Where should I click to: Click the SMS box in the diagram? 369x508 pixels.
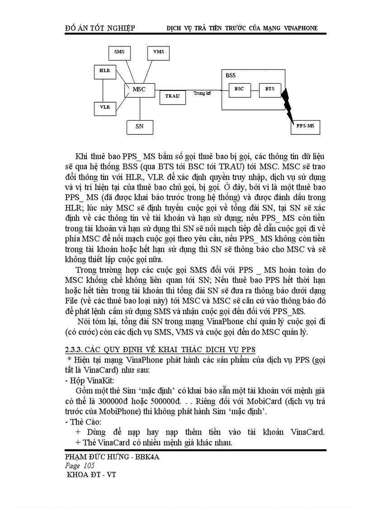point(119,52)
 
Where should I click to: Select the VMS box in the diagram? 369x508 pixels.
point(158,52)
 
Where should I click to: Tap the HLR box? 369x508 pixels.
point(105,71)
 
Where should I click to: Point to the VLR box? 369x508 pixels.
point(105,108)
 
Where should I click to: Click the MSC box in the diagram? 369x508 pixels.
point(139,90)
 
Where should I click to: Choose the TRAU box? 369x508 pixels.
point(172,96)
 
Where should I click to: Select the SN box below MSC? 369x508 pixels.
point(139,126)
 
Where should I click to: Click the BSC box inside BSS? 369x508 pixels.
point(239,89)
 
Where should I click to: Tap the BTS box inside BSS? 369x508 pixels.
point(270,89)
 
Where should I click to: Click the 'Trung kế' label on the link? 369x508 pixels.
point(202,94)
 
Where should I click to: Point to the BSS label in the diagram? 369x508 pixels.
point(231,76)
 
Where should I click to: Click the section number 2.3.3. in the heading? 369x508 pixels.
point(74,350)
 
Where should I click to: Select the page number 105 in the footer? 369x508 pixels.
point(88,465)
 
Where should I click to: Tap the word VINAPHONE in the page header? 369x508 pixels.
point(301,28)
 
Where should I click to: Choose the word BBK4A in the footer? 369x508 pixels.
point(147,457)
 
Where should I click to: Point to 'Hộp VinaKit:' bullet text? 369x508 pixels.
point(89,380)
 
